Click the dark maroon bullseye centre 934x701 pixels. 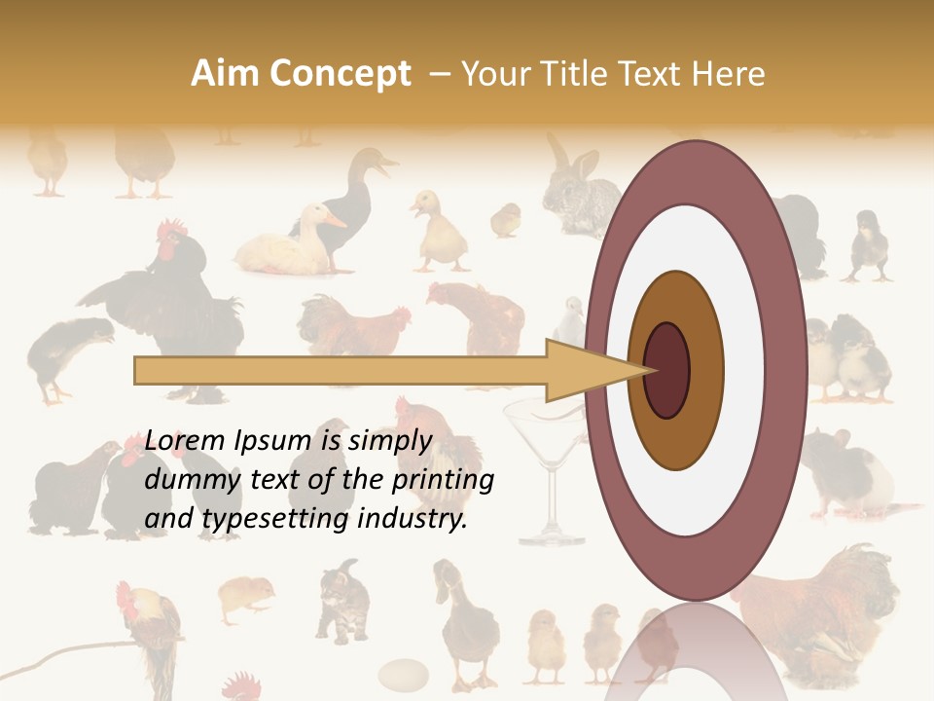pyautogui.click(x=666, y=370)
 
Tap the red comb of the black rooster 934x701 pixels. pyautogui.click(x=173, y=231)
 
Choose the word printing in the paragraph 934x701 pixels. pyautogui.click(x=444, y=480)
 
